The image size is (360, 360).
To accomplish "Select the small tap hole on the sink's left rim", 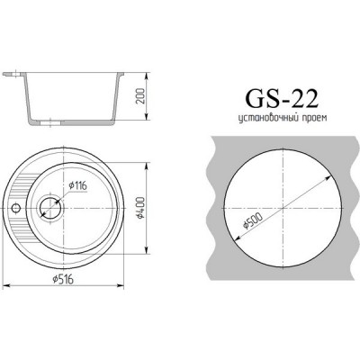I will (x=15, y=207).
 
